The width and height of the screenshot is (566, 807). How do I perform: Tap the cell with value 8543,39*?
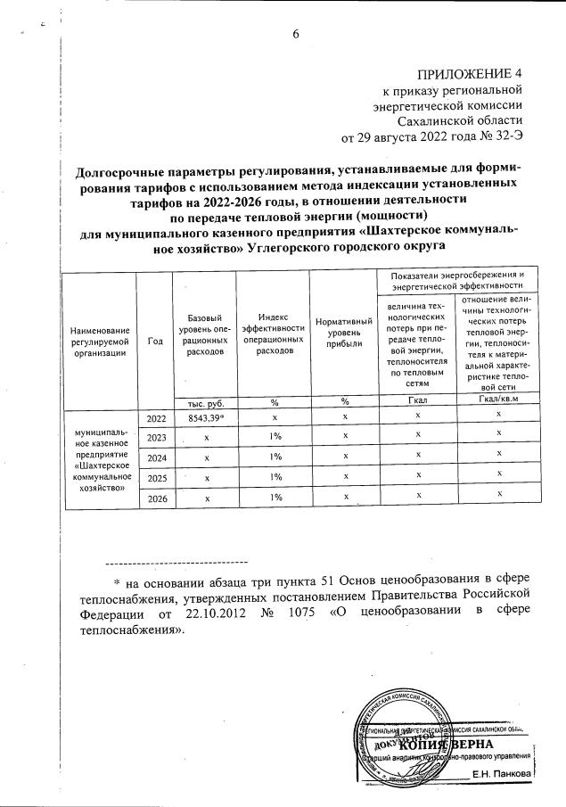205,416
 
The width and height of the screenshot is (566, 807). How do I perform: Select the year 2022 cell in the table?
156,416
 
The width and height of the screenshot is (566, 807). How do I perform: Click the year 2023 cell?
156,437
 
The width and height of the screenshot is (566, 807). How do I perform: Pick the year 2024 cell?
156,457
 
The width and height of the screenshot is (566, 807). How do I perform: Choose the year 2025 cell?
156,478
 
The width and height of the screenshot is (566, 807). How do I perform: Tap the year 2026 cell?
156,498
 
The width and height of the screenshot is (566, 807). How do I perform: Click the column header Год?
156,340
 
